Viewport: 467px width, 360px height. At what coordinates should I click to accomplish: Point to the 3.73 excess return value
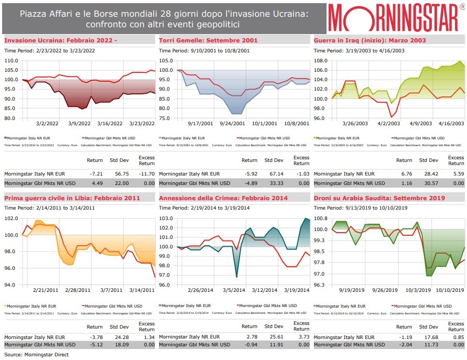(303, 336)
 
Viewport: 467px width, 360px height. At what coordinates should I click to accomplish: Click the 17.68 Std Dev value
(430, 336)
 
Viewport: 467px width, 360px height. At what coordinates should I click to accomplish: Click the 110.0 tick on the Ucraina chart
(11, 61)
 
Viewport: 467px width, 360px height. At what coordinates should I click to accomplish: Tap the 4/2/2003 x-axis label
(389, 124)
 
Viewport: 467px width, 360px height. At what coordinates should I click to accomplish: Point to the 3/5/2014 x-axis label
(233, 290)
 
